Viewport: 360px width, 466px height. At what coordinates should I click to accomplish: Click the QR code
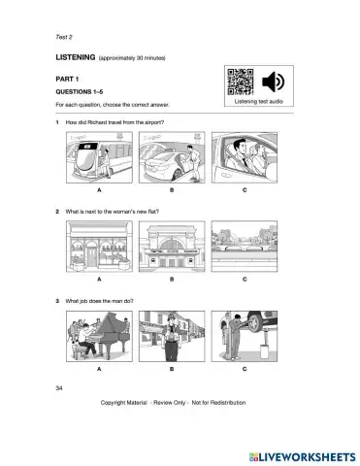238,81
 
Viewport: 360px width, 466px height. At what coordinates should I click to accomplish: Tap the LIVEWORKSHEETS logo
296,454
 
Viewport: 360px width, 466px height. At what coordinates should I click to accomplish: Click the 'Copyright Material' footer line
180,402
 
